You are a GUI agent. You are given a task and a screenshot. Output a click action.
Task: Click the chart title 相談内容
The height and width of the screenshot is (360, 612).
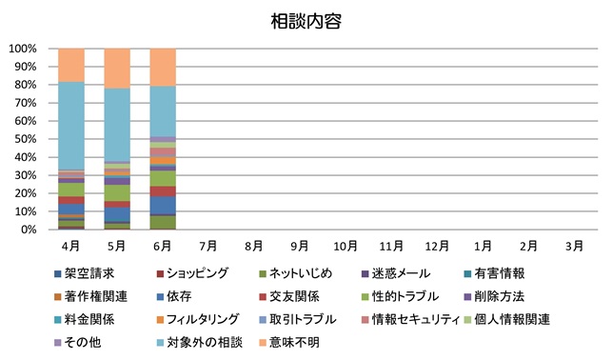(306, 22)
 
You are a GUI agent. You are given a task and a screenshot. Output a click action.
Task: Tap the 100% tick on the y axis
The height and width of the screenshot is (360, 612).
(23, 49)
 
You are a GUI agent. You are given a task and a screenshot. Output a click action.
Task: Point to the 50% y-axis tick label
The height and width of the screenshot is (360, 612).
(26, 139)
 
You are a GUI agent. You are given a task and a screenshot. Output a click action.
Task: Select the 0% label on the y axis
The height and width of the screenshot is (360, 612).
(29, 230)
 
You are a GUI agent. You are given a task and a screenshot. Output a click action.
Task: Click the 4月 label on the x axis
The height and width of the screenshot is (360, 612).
(70, 246)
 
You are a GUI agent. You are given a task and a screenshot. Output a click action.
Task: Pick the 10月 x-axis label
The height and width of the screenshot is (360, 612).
(345, 246)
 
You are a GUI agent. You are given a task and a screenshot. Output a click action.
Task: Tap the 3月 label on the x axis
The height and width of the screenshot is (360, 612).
(574, 246)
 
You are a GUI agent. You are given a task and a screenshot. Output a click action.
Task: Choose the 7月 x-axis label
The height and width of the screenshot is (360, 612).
(208, 246)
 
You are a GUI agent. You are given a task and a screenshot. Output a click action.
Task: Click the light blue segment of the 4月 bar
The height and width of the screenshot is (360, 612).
(71, 126)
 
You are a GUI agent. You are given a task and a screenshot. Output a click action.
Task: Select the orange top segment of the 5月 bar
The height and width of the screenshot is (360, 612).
(117, 69)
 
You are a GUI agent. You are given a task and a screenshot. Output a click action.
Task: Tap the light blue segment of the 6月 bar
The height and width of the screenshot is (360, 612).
(163, 111)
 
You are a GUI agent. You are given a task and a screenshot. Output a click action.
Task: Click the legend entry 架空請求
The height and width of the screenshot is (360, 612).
(85, 273)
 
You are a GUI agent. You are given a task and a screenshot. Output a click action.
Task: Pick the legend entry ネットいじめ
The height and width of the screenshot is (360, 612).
(295, 273)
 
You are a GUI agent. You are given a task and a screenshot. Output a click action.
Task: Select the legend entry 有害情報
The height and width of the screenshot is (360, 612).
(495, 273)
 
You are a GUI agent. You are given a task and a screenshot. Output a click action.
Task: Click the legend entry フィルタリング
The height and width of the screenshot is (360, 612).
(197, 319)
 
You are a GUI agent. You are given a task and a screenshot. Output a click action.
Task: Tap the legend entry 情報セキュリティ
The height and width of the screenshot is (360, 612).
(411, 319)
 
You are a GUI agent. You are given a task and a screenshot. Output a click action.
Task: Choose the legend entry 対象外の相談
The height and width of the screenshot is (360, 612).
(200, 343)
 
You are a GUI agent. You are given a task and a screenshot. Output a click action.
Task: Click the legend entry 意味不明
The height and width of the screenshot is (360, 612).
(289, 343)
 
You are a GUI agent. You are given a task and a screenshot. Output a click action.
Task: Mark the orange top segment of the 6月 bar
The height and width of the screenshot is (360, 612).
(163, 68)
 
